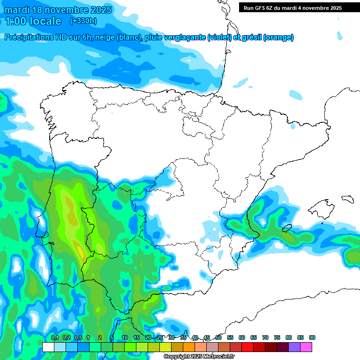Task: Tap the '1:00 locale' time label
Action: [x=33, y=21]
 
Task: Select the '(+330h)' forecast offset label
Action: [x=83, y=21]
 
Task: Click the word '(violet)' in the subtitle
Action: [x=219, y=37]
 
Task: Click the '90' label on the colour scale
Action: [x=312, y=337]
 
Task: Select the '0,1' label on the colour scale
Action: [x=55, y=337]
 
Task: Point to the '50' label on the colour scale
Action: [x=218, y=337]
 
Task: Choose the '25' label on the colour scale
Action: [x=160, y=337]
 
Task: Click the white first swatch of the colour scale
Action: [x=48, y=347]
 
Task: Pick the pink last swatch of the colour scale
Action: [x=306, y=347]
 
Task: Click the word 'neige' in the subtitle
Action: [x=105, y=37]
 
